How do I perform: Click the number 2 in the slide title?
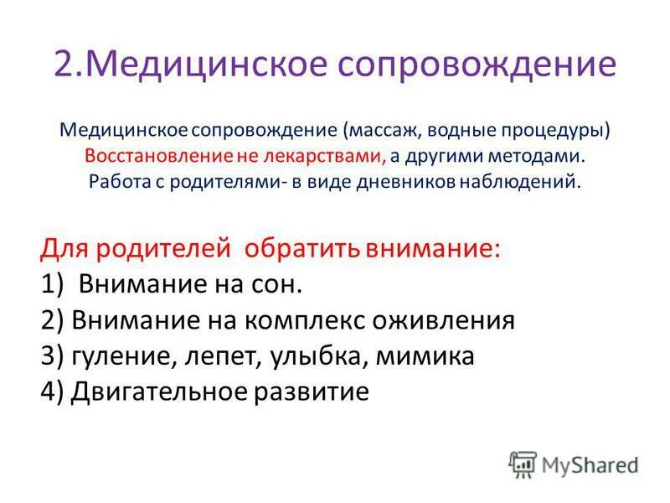click(x=65, y=64)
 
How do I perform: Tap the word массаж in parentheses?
click(x=381, y=132)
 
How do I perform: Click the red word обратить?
click(x=310, y=249)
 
